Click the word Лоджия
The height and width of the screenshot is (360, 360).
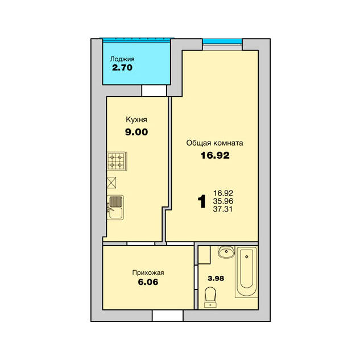coord(122,59)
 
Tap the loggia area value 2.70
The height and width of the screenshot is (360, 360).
coord(122,68)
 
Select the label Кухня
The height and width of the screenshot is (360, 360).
coord(136,119)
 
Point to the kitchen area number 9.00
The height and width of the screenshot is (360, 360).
coord(136,132)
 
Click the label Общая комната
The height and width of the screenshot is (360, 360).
coord(214,143)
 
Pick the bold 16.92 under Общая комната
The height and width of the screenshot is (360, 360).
coord(215,155)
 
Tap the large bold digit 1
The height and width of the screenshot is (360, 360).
coord(202,201)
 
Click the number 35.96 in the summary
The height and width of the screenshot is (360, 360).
coord(223,201)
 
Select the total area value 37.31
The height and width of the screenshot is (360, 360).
coord(223,209)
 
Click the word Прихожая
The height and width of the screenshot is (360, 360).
coord(148,272)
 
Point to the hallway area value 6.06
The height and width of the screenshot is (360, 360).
coord(148,282)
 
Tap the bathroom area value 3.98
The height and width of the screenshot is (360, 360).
coord(216,279)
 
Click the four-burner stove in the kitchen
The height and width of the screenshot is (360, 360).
coord(117,161)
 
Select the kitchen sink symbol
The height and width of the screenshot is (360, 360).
coord(115,208)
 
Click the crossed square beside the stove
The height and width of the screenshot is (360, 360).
coord(111,183)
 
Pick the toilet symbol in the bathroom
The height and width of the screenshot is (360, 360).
coord(210,297)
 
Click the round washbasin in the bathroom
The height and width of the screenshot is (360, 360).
coord(226,252)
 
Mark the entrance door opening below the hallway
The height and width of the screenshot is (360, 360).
coord(168,316)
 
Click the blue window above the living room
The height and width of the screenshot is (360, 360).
coord(222,42)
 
